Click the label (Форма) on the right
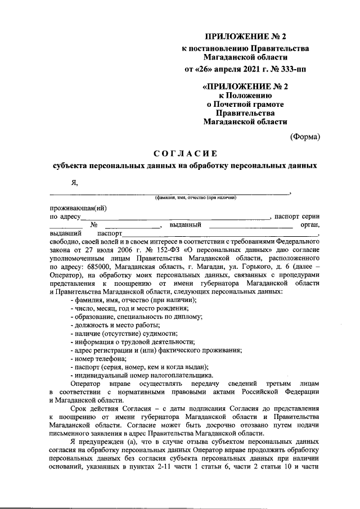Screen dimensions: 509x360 [x=305, y=137]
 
